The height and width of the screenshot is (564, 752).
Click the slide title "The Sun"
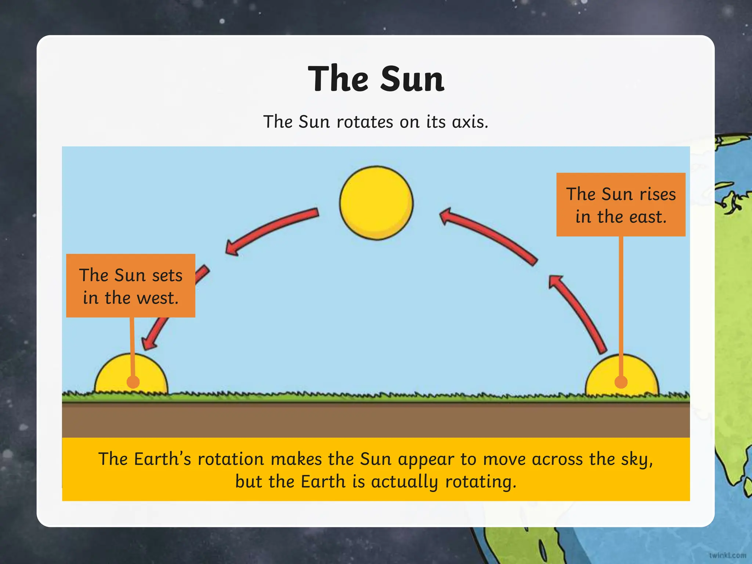click(376, 79)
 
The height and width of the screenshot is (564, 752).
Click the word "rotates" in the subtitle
click(365, 122)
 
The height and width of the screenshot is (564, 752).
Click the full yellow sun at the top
click(376, 203)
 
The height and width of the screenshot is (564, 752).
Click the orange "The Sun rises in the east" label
click(621, 205)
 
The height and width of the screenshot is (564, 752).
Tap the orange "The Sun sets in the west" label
click(130, 285)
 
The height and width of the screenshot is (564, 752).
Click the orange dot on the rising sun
click(621, 382)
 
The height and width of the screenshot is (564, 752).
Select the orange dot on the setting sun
click(133, 382)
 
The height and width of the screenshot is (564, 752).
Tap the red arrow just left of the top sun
click(272, 230)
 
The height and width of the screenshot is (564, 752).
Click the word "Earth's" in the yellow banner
click(162, 459)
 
